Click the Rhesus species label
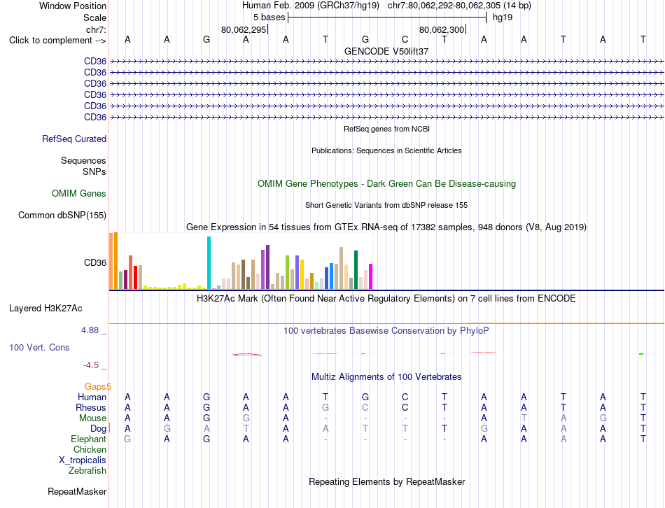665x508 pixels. tap(91, 407)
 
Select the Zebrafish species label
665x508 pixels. tap(87, 471)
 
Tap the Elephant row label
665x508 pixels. tap(88, 439)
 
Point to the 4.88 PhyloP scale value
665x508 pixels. tap(90, 330)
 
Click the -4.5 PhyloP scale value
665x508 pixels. tap(91, 365)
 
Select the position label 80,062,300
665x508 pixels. tap(442, 29)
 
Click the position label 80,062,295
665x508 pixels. tap(244, 29)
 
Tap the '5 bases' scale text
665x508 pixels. tap(269, 17)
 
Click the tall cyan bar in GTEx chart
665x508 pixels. tap(209, 262)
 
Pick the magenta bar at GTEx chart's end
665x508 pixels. tap(371, 276)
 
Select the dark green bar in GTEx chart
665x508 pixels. tap(356, 269)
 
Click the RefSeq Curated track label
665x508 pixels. tap(74, 139)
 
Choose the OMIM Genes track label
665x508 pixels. tap(79, 193)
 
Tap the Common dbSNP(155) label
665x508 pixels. tap(62, 215)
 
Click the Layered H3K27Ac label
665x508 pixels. tap(45, 309)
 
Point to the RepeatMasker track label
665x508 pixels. tap(77, 491)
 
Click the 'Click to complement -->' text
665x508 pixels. tap(57, 41)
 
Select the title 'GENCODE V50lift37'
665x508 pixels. tap(386, 51)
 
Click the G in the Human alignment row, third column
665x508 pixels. tap(206, 397)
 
